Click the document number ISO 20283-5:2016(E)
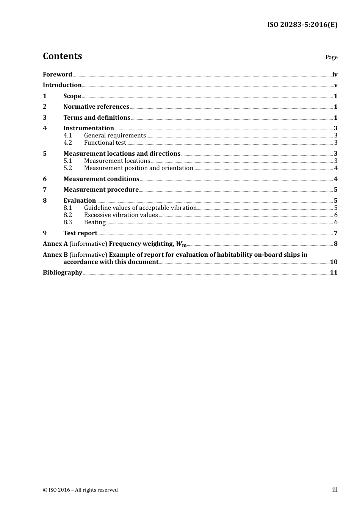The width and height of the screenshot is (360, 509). tap(302, 25)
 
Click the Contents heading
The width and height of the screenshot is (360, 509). tap(62, 56)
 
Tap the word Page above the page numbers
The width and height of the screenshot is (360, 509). tap(331, 57)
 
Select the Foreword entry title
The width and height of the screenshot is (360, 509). tap(57, 75)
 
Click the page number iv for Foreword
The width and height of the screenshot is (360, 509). tap(335, 75)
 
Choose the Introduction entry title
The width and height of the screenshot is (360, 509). tap(62, 85)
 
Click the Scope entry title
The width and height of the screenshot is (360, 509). tap(72, 96)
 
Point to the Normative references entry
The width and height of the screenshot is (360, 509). tap(96, 107)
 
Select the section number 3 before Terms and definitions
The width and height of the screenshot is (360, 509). tap(45, 118)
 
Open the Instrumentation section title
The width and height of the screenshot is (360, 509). tap(89, 128)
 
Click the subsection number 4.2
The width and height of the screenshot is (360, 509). tap(67, 143)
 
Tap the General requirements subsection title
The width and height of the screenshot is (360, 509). tap(115, 136)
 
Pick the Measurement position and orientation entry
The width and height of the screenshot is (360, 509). tap(139, 168)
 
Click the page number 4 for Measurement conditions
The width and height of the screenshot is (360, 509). tap(335, 179)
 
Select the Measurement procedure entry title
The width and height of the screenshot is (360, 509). tap(101, 190)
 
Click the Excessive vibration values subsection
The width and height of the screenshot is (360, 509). tap(121, 215)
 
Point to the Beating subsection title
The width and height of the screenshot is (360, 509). tap(95, 222)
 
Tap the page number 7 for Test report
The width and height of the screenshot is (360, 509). tap(335, 233)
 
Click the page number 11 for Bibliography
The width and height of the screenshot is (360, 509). tap(333, 273)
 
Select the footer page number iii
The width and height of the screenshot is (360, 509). tap(335, 490)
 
